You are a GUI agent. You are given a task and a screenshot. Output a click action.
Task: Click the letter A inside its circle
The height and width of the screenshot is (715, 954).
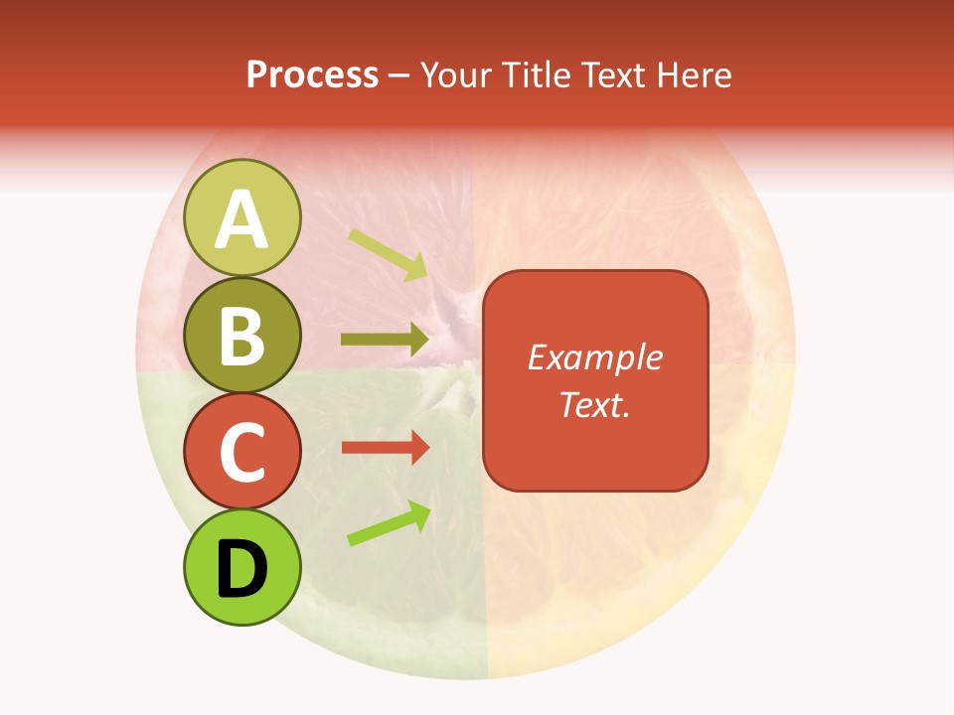[x=242, y=219]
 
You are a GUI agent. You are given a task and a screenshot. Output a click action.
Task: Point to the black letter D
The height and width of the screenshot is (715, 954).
[x=242, y=569]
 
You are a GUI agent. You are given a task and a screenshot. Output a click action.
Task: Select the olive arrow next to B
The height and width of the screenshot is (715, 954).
[x=385, y=340]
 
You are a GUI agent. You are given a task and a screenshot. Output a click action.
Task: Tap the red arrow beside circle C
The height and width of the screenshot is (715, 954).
[x=385, y=448]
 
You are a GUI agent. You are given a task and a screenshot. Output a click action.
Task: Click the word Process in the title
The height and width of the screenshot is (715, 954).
[x=312, y=74]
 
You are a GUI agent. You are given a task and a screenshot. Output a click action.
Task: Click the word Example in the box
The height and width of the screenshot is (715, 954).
[x=594, y=357]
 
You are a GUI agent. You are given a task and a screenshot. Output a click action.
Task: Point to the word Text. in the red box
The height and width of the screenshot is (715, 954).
[x=594, y=404]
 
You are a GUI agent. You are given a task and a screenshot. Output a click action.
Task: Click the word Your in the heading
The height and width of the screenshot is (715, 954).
[x=455, y=74]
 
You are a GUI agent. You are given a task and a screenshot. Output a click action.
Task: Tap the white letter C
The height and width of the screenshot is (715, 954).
[x=242, y=452]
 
